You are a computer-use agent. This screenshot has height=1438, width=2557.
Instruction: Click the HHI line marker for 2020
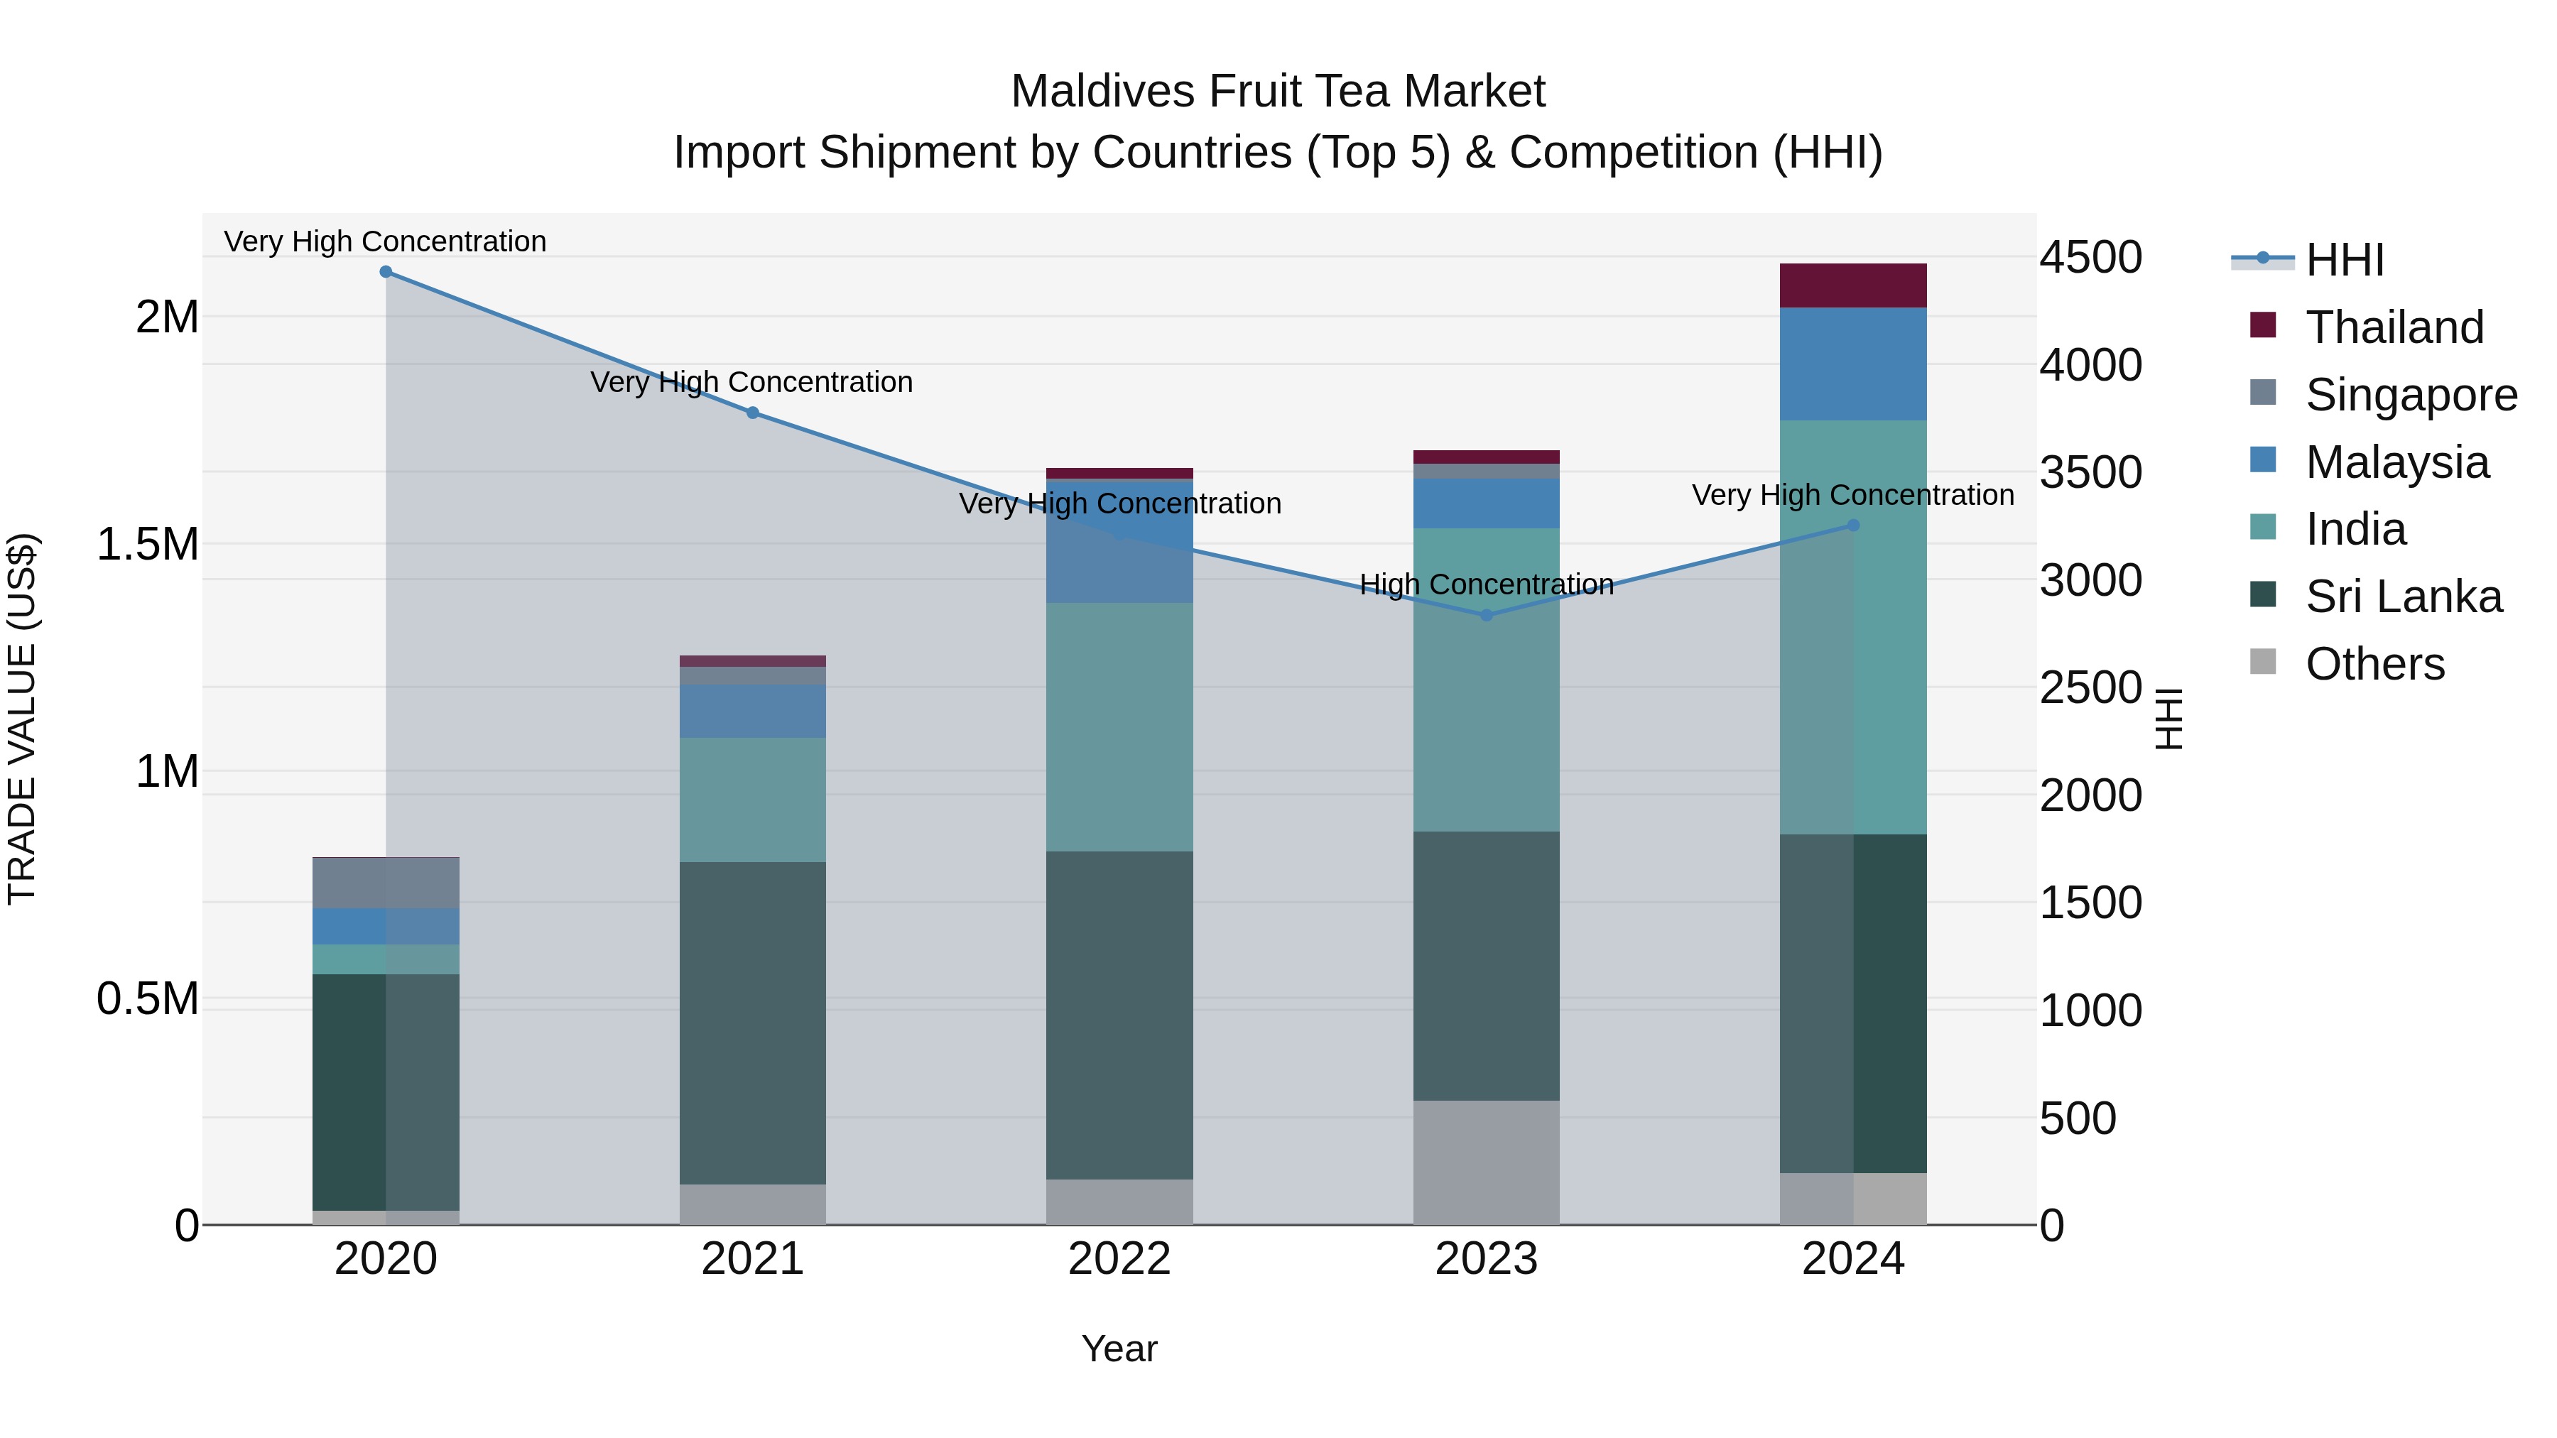pyautogui.click(x=386, y=272)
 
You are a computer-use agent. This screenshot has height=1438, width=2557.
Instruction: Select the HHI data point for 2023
pyautogui.click(x=1486, y=615)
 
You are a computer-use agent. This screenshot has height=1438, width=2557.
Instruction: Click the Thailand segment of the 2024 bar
pyautogui.click(x=1852, y=285)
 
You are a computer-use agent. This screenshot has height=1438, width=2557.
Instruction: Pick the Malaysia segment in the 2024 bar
pyautogui.click(x=1852, y=364)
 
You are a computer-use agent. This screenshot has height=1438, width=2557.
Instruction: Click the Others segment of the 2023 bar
pyautogui.click(x=1486, y=1162)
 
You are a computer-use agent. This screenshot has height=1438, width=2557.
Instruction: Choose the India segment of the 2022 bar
pyautogui.click(x=1119, y=727)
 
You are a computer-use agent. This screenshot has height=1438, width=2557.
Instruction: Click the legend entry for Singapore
pyautogui.click(x=2410, y=395)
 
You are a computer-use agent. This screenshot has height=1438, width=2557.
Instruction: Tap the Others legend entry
pyautogui.click(x=2374, y=664)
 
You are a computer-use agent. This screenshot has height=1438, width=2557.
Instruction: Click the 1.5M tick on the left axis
pyautogui.click(x=148, y=545)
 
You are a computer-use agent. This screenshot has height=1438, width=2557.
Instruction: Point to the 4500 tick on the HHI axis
pyautogui.click(x=2090, y=258)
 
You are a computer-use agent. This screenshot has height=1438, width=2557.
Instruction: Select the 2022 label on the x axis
pyautogui.click(x=1119, y=1259)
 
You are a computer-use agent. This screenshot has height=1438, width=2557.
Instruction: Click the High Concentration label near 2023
pyautogui.click(x=1486, y=584)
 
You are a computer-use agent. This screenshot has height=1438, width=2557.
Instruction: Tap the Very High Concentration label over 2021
pyautogui.click(x=751, y=382)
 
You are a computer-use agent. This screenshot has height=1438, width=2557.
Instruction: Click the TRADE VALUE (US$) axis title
pyautogui.click(x=22, y=719)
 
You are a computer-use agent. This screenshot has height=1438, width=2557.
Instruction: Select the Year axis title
pyautogui.click(x=1119, y=1349)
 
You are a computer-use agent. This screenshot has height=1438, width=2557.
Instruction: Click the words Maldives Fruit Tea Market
pyautogui.click(x=1278, y=92)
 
